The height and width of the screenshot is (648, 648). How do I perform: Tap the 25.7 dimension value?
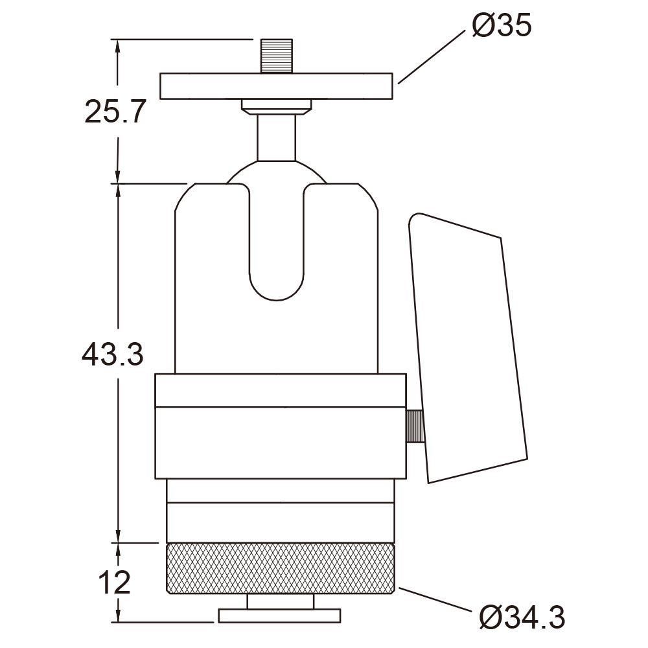pos(115,111)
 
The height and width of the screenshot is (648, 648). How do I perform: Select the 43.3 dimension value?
pos(112,354)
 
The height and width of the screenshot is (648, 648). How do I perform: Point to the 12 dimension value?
pos(115,583)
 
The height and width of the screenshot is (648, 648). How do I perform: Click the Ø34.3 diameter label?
pos(522,618)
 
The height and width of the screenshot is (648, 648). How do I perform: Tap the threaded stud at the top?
pos(277,56)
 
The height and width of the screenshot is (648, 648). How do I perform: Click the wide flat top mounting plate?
pos(276,86)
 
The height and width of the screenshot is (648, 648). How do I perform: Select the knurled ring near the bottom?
pos(280,569)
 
